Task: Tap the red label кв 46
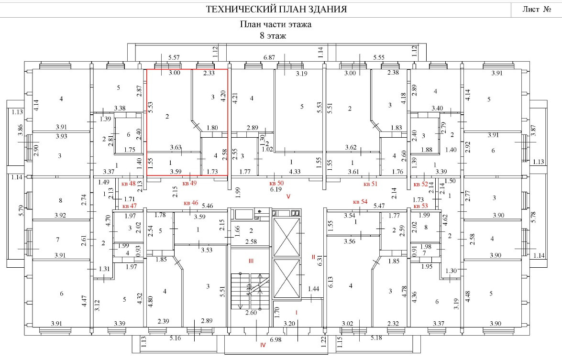point(191,203)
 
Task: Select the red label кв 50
point(276,183)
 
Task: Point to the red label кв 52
point(420,184)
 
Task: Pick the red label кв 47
point(130,206)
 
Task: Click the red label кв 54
point(360,202)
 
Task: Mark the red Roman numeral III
point(250,261)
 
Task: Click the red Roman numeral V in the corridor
point(288,196)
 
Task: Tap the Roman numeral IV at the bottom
point(262,345)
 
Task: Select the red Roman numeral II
point(314,257)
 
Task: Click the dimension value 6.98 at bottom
point(276,339)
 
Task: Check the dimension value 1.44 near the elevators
point(314,289)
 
